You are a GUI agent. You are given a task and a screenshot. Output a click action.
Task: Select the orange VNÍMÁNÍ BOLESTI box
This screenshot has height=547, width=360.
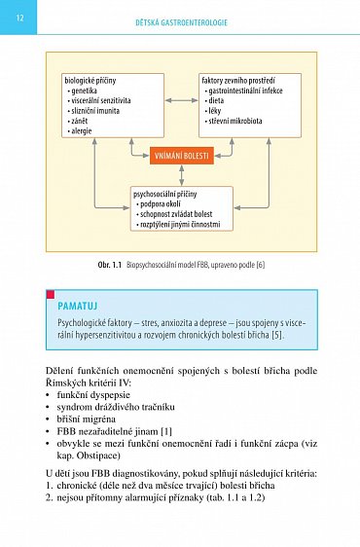click(x=182, y=154)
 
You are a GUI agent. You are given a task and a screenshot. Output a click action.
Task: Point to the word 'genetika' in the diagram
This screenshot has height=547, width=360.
click(x=86, y=90)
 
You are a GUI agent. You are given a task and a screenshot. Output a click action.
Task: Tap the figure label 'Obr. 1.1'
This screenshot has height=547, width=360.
click(x=107, y=264)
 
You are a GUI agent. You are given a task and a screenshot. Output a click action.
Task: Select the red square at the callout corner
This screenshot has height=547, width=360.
click(x=51, y=293)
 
